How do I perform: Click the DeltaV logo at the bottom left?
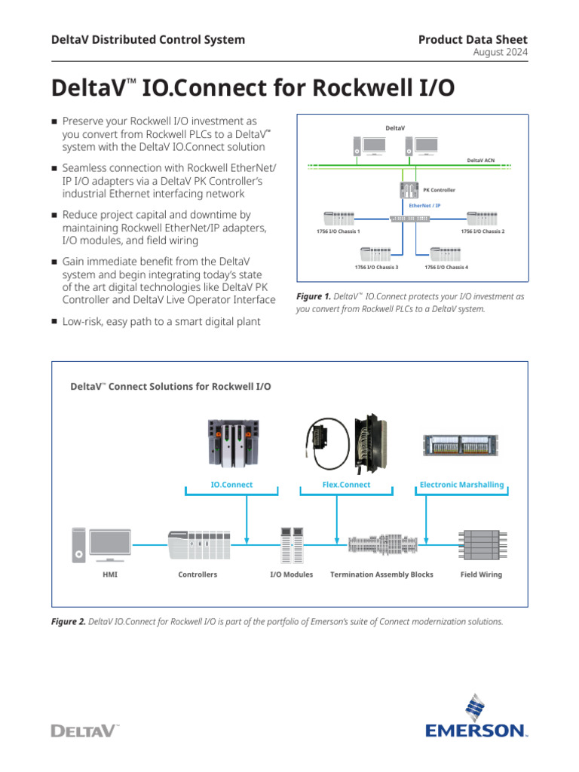(x=84, y=730)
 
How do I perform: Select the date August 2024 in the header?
(x=500, y=52)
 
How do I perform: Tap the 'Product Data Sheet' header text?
(x=473, y=39)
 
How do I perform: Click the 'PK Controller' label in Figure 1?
(x=439, y=190)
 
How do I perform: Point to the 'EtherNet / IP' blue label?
(x=424, y=205)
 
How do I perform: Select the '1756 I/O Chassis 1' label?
(x=338, y=231)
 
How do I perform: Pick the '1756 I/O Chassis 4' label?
(x=446, y=267)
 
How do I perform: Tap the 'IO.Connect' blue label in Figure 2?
(x=231, y=485)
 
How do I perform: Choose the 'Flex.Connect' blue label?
(x=346, y=485)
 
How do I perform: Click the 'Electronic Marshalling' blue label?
(x=461, y=485)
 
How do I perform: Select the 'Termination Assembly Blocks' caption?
(x=381, y=574)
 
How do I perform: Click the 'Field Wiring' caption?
(x=481, y=574)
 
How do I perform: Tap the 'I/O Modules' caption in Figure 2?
(x=292, y=574)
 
